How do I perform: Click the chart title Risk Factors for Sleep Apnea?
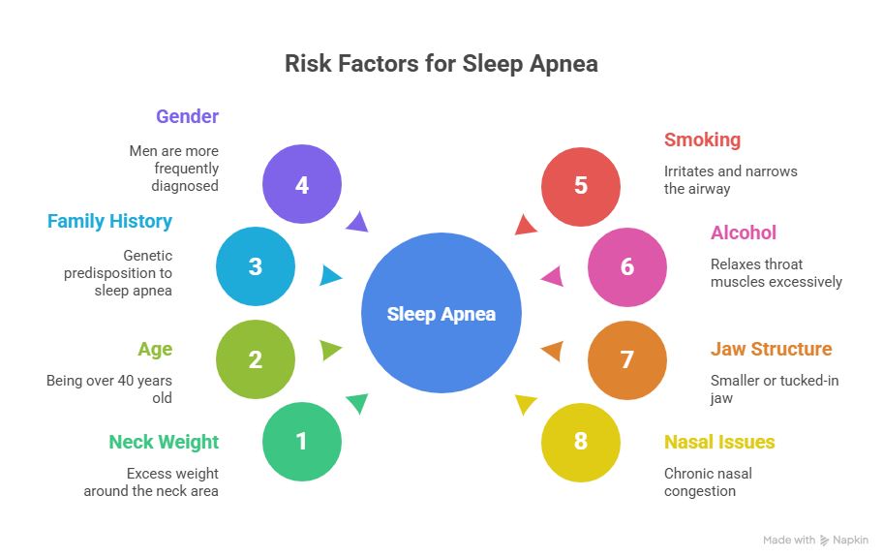pos(441,64)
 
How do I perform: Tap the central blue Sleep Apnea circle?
pos(441,314)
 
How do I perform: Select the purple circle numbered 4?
pos(302,184)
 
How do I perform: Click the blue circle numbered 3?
pos(256,265)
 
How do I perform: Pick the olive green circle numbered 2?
pos(256,359)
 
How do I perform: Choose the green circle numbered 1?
pos(302,442)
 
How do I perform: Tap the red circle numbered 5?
pos(581,184)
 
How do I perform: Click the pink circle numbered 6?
pos(627,265)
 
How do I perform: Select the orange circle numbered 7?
pos(627,359)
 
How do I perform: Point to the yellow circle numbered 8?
pos(581,442)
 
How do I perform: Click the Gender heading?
pos(187,116)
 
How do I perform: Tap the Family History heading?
pos(109,221)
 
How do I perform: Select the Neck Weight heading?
pos(164,442)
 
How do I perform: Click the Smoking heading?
pos(702,139)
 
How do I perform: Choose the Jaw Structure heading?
pos(771,349)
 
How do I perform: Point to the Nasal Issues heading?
pos(719,442)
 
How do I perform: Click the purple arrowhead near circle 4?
pos(357,223)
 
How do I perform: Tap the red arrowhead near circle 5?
pos(525,226)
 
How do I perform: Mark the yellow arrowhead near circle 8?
pos(526,403)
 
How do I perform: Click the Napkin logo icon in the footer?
pos(825,541)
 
